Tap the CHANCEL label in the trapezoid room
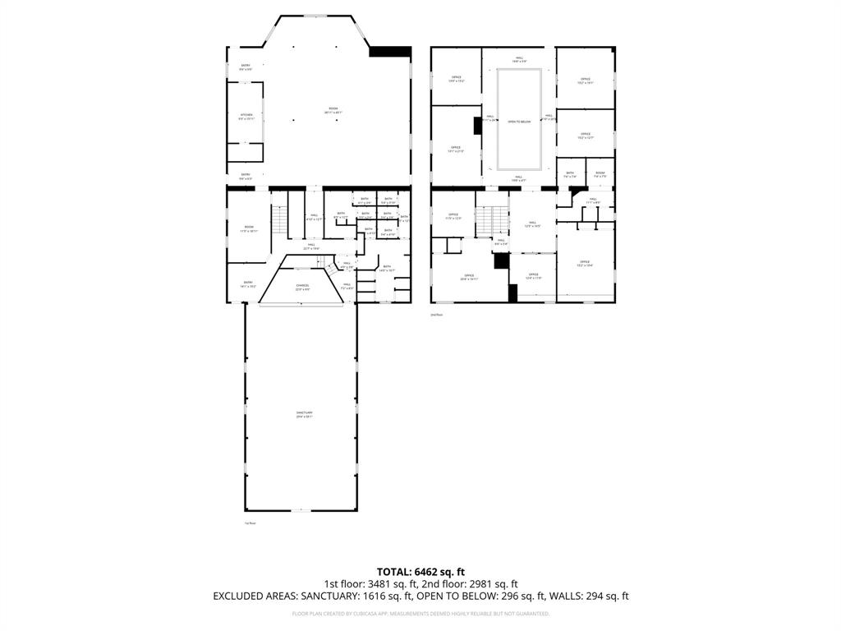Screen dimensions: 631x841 click(303, 285)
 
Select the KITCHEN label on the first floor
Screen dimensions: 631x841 click(246, 115)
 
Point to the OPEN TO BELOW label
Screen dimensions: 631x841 click(519, 122)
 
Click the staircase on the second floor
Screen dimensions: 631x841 click(493, 219)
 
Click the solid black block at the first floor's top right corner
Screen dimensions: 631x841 click(389, 52)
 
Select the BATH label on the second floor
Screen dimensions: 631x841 click(570, 173)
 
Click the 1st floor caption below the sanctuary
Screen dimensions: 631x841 click(250, 523)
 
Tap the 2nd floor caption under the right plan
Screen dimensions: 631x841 click(437, 315)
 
